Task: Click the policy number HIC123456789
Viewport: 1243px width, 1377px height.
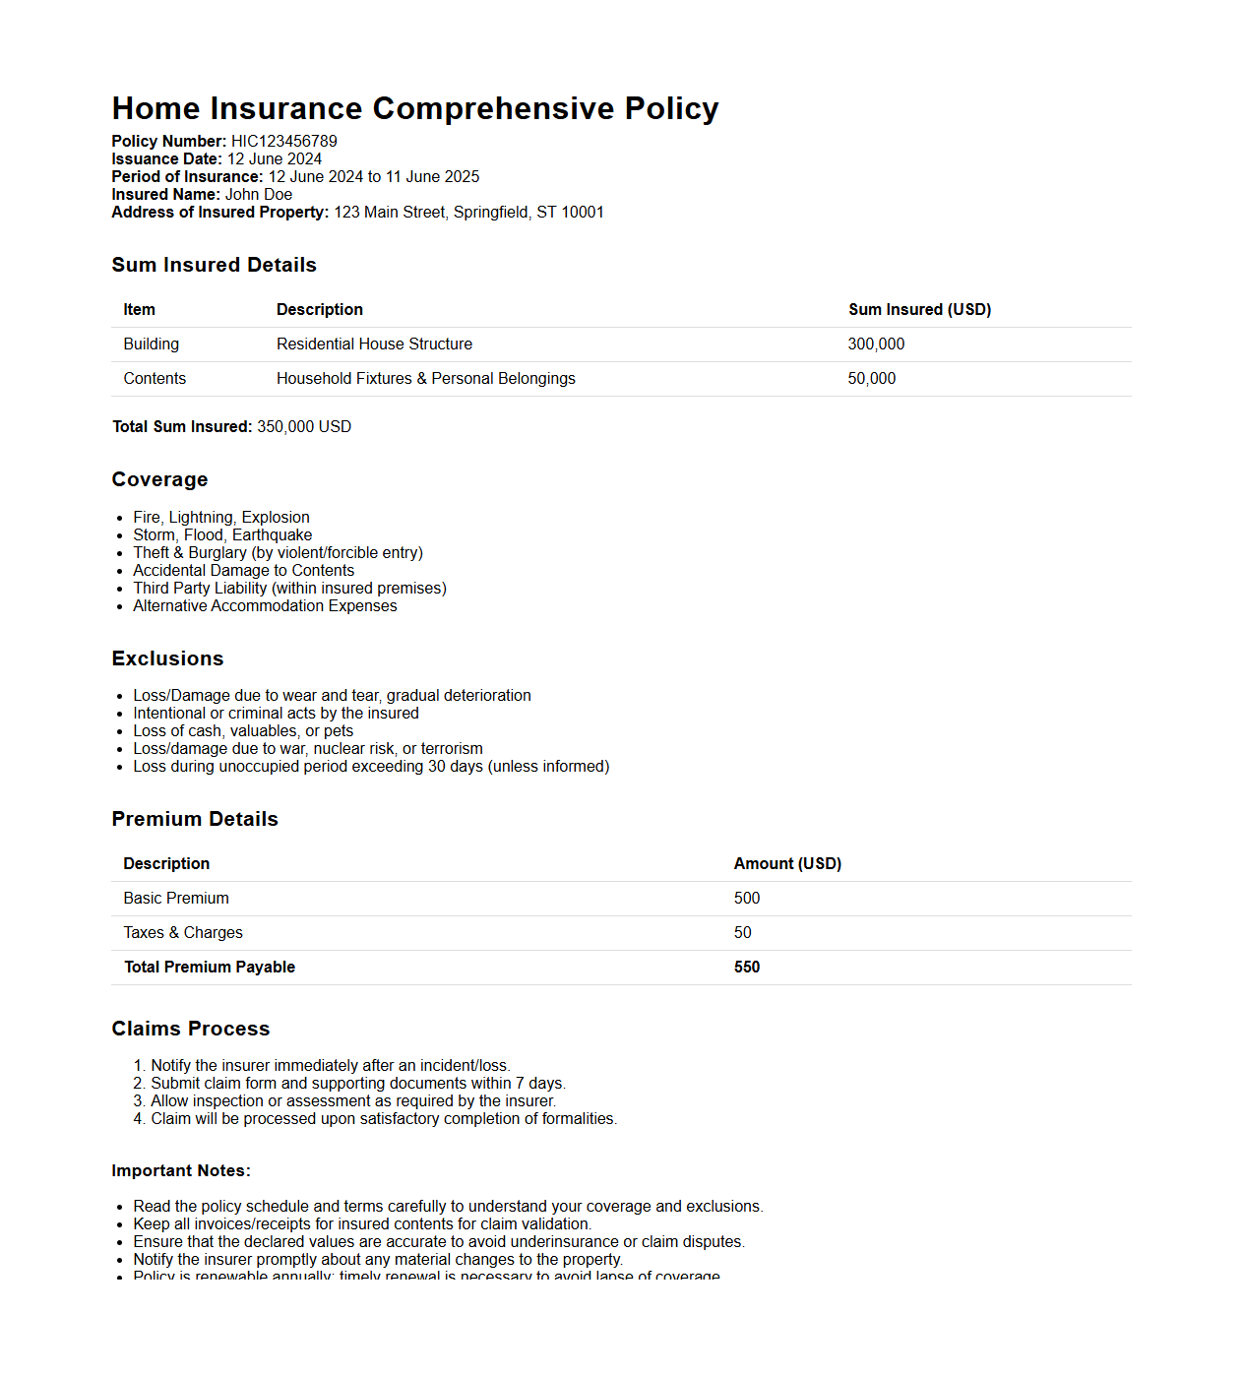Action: pos(283,142)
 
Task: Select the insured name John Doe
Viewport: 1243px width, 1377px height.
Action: pos(258,195)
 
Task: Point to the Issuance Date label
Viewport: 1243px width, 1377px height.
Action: pos(167,159)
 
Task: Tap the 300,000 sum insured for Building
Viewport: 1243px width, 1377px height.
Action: pos(876,344)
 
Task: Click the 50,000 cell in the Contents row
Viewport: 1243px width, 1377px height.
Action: pos(871,379)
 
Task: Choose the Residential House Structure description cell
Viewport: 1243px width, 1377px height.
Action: pos(374,344)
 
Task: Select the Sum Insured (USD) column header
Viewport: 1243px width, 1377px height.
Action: pos(919,310)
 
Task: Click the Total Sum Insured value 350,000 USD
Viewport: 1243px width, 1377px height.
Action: pos(304,427)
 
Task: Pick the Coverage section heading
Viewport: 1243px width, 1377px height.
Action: pos(159,480)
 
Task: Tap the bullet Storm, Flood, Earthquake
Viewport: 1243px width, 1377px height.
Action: pos(222,535)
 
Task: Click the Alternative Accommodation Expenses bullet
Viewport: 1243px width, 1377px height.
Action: pos(265,606)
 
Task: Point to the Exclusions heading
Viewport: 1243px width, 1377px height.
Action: pos(167,659)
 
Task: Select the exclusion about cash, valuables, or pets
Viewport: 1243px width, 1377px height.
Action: pos(243,731)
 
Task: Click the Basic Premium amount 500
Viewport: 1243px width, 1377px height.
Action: pos(747,899)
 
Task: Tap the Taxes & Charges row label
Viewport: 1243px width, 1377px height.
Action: pos(183,933)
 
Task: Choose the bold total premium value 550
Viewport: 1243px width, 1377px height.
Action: pos(747,968)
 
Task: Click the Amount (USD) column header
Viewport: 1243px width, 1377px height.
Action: pos(787,864)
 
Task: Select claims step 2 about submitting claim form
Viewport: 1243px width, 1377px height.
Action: pos(357,1084)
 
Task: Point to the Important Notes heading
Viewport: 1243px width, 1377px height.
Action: pos(181,1171)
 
